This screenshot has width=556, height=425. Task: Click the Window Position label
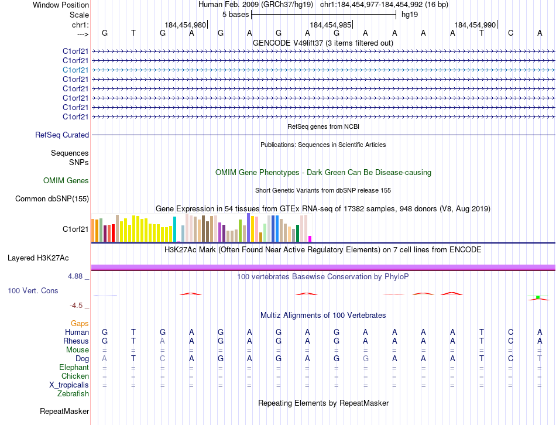(61, 5)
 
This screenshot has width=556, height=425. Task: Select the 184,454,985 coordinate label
(331, 25)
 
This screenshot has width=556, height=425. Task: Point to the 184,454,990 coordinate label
(475, 25)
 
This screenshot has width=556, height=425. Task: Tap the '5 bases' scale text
(235, 15)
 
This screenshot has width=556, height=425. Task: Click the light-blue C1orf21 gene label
(75, 70)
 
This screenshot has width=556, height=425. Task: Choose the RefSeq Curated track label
(62, 135)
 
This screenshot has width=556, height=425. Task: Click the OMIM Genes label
(66, 181)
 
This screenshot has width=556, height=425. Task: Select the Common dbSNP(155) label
(52, 198)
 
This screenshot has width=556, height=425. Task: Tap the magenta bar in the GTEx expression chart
(310, 238)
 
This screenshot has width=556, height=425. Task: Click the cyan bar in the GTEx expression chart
(174, 229)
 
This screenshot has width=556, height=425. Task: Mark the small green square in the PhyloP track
(538, 298)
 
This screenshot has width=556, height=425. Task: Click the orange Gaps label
(80, 323)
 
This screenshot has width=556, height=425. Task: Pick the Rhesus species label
(77, 341)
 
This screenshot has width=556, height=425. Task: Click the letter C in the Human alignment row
(511, 332)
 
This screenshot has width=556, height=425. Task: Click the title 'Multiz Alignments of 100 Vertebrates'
(323, 315)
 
